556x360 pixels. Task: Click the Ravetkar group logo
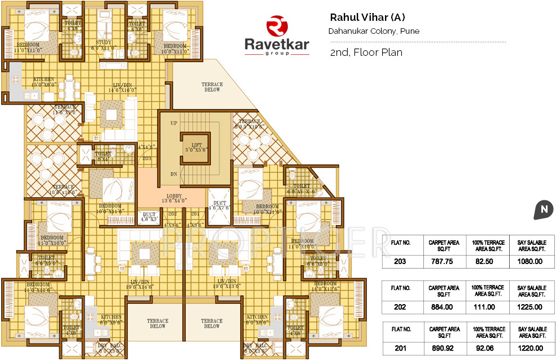[x=277, y=36]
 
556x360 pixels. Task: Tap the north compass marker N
[x=543, y=210]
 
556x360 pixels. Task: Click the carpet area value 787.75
[x=443, y=261]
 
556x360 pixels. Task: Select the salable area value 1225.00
[x=531, y=307]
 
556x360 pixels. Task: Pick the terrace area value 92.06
[x=487, y=348]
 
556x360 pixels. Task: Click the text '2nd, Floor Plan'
[x=366, y=52]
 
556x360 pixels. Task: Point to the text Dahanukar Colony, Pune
[x=374, y=31]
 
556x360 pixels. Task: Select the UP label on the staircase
[x=173, y=122]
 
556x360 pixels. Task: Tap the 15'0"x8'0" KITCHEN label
[x=44, y=82]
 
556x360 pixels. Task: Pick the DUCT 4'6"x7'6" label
[x=219, y=205]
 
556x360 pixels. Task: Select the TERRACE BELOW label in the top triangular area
[x=212, y=87]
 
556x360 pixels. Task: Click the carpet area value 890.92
[x=443, y=348]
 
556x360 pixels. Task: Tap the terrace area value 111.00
[x=487, y=307]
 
